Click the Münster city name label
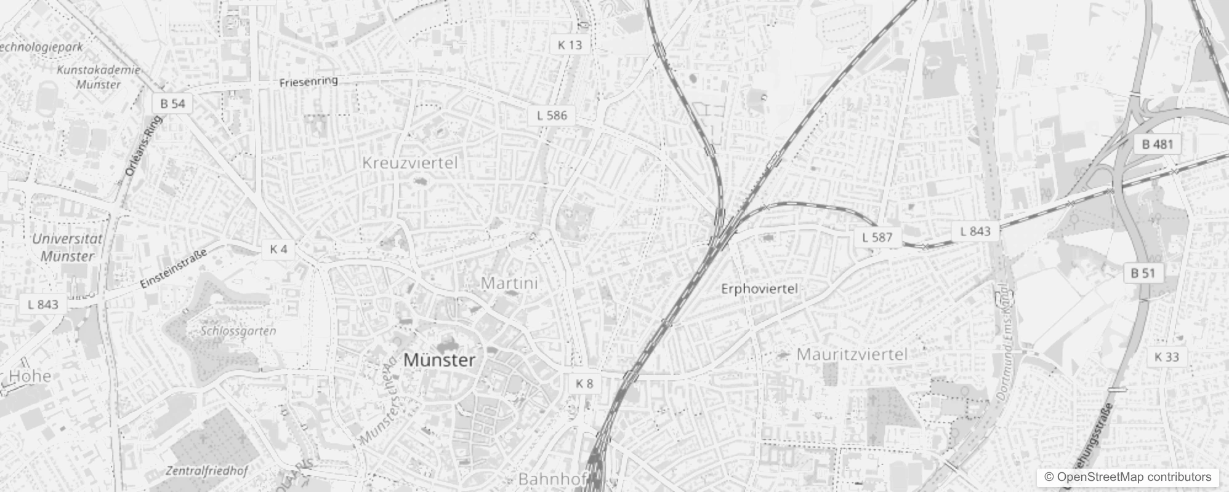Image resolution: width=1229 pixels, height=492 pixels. point(439,360)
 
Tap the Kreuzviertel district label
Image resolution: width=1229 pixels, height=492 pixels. point(410,163)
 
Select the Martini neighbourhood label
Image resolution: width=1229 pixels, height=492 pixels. point(509,283)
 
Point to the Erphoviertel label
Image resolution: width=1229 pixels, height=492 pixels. point(759,288)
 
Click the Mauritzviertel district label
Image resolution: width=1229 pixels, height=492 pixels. point(852,354)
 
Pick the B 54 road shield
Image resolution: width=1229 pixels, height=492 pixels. point(172,104)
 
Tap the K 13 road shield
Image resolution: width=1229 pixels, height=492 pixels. point(570,45)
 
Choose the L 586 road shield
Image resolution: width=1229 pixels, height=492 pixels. point(552,115)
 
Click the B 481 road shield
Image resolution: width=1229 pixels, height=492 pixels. point(1158,145)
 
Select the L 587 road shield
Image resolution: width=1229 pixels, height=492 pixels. point(877,237)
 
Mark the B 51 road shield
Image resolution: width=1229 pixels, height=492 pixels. point(1143,273)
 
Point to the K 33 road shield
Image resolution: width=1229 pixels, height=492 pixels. point(1167,357)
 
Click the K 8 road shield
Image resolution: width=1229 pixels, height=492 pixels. point(584,384)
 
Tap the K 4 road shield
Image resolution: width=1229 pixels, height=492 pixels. point(278,249)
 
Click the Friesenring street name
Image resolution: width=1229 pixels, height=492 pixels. point(308,81)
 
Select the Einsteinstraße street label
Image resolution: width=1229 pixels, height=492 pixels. point(174,267)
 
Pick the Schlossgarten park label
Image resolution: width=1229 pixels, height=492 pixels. point(238,331)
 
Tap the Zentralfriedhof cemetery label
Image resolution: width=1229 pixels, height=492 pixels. point(207,471)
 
